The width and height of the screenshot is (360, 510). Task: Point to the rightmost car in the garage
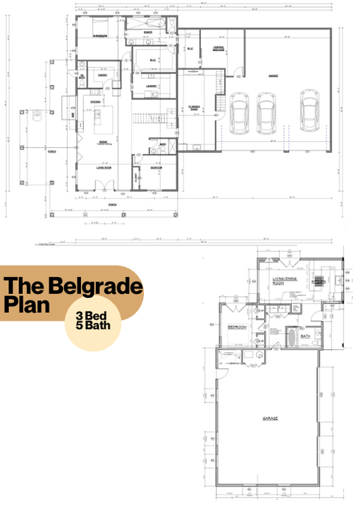[309, 111]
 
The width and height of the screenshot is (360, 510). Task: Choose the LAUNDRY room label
[152, 86]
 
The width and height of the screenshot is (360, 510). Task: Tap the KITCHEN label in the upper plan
[95, 101]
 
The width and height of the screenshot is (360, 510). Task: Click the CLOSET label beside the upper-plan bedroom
[137, 178]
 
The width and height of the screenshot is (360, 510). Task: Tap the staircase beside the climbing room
[220, 103]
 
